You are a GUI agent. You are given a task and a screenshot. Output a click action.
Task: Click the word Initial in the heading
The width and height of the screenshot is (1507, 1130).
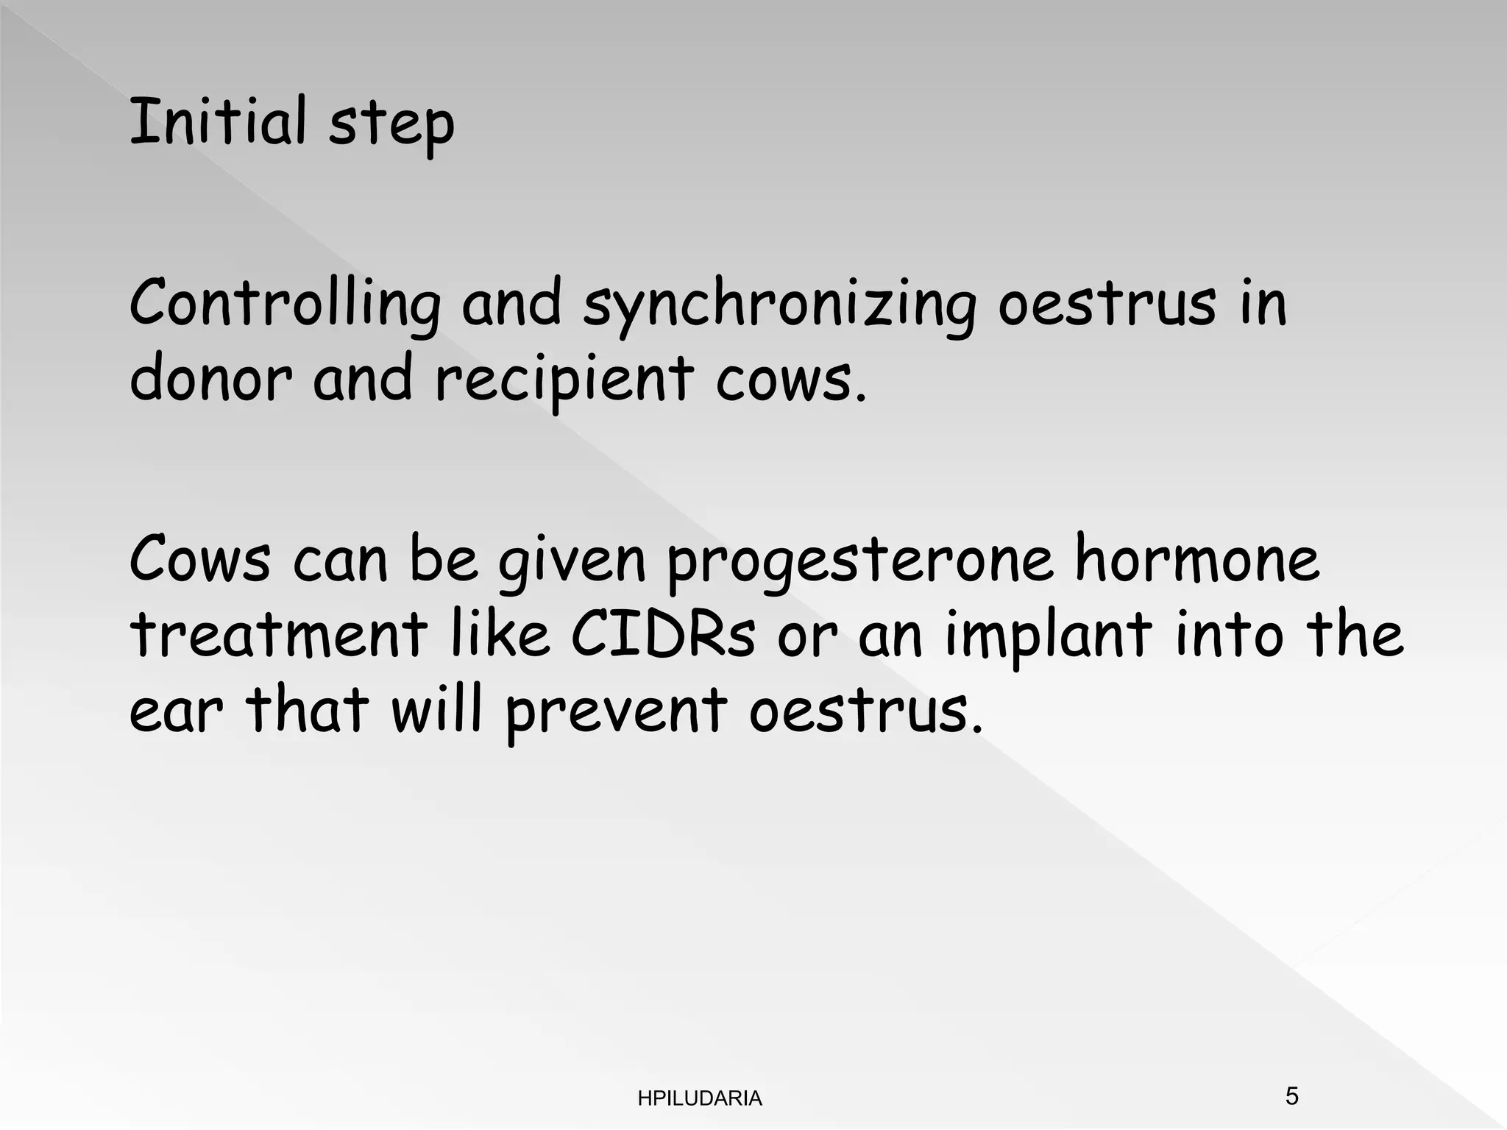coord(217,121)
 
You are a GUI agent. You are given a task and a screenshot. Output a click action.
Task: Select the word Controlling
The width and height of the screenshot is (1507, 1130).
coord(285,305)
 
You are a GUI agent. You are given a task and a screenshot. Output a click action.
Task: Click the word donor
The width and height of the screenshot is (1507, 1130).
coord(210,379)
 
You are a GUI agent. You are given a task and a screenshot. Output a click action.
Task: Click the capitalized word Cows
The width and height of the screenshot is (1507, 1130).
coord(200,561)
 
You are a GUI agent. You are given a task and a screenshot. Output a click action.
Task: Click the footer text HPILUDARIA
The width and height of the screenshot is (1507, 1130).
coord(700,1098)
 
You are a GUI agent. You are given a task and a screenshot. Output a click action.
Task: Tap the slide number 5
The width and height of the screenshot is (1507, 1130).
coord(1291,1096)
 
